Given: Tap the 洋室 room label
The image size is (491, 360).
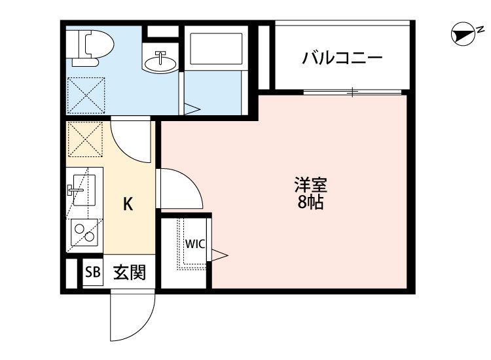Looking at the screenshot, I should (306, 185).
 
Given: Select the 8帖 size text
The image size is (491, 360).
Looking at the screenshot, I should (306, 203).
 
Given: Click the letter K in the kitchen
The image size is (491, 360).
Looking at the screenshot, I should (129, 204).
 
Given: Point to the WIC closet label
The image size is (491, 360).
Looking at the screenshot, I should (194, 243).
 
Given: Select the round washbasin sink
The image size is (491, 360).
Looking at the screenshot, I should (159, 63).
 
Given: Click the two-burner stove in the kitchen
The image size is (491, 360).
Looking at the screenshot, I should (84, 231).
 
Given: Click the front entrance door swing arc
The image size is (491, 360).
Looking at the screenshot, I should (133, 317).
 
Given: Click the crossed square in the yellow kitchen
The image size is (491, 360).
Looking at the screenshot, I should (83, 139).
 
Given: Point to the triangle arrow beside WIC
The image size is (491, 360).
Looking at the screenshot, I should (219, 253).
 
